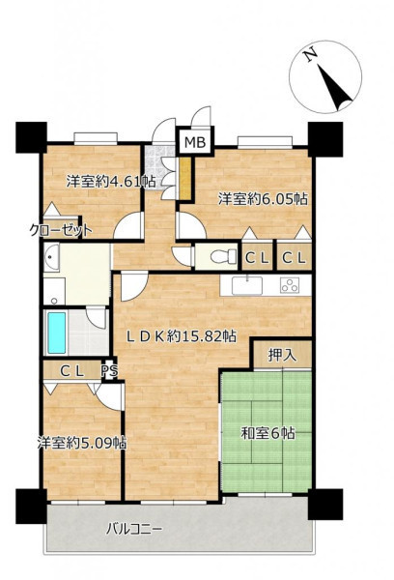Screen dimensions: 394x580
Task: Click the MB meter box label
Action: point(195,142)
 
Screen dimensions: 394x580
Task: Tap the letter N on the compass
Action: point(310,54)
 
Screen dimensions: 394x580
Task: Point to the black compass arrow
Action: point(335,87)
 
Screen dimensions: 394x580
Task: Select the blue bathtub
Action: point(57,333)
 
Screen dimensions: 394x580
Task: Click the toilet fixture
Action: point(223,255)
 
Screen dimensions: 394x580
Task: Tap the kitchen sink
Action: point(247,285)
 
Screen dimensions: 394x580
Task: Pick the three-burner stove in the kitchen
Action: point(290,285)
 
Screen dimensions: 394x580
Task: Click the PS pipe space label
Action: point(110,370)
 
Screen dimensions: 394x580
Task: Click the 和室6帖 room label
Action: point(267,433)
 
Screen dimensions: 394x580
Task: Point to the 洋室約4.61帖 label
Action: point(111,182)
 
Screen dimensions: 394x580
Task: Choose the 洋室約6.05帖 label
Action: point(263,199)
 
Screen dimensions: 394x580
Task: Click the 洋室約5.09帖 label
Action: point(82,443)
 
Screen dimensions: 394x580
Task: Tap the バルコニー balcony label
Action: point(134,530)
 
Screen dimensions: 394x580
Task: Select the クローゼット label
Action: point(61,231)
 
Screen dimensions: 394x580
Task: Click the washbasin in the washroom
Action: point(52,257)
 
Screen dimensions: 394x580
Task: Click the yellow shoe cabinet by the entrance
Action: point(185,178)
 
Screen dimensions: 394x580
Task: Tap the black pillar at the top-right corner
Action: point(325,138)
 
